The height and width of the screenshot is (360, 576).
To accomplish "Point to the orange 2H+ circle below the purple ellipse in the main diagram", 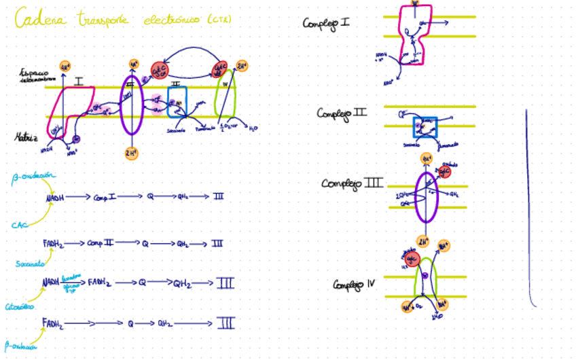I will (131, 153).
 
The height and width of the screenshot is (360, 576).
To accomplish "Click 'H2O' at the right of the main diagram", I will (253, 128).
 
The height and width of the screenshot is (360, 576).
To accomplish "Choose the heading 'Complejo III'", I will (352, 183).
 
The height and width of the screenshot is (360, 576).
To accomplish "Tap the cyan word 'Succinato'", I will (31, 263).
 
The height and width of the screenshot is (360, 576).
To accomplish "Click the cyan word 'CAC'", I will (18, 224).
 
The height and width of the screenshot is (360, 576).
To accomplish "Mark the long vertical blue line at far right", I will (528, 204).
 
